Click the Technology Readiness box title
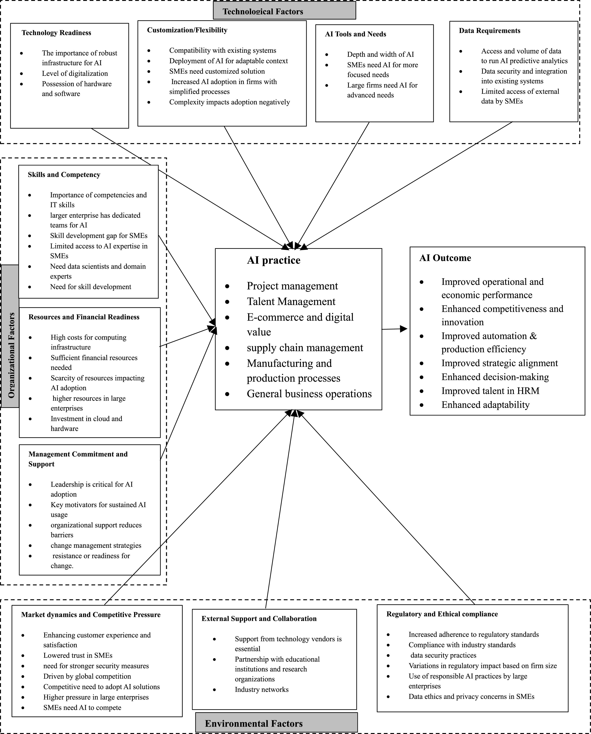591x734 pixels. coord(56,33)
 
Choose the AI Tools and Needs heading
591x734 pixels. coord(355,34)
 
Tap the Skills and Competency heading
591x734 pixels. coord(64,174)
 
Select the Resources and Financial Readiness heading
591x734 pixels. coord(84,317)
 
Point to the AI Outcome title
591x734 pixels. coord(445,258)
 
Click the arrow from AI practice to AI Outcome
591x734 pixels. coord(395,329)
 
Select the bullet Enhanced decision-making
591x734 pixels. coord(495,377)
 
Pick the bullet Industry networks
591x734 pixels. coord(261,689)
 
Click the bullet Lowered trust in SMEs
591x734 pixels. coord(78,655)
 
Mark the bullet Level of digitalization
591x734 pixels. coord(75,73)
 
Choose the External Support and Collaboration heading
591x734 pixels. coord(259,618)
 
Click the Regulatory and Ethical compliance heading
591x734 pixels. coord(442,614)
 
